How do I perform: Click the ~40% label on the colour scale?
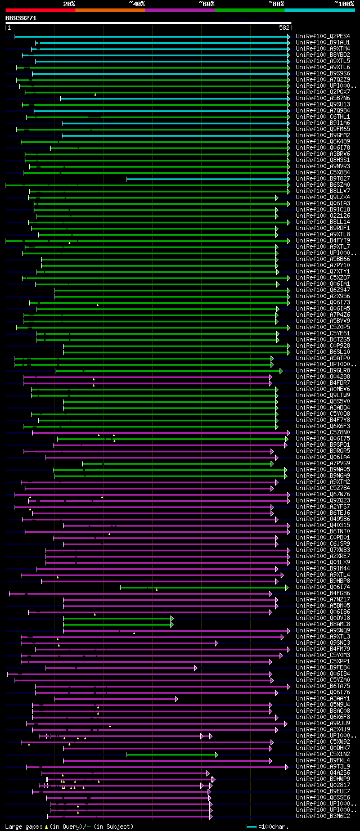pos(137,3)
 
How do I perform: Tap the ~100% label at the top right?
pos(344,3)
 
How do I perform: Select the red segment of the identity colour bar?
pos(40,10)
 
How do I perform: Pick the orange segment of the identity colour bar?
pos(110,10)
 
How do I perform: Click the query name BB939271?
pos(21,18)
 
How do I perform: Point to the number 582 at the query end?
pos(285,27)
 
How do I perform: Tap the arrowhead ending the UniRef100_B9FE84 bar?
pos(195,668)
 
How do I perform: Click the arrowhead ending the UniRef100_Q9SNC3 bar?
pos(216,643)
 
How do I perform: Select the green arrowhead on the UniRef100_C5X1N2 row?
pos(216,754)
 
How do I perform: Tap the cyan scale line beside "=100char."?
pos(251,826)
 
